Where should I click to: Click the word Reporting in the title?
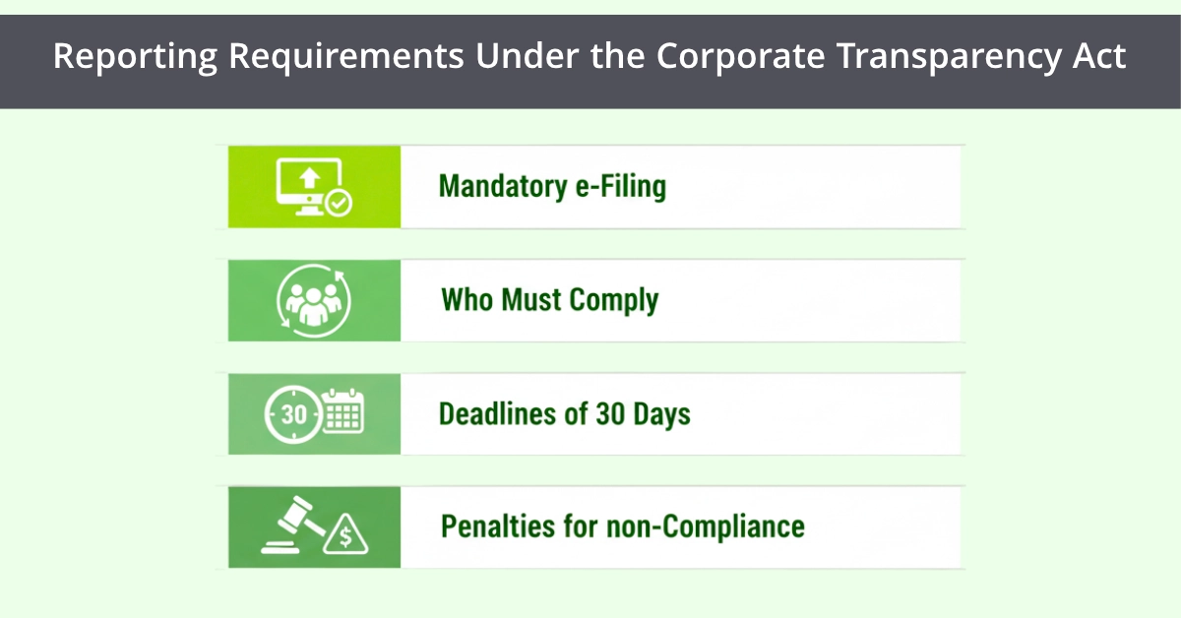pyautogui.click(x=134, y=57)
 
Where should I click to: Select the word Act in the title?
pyautogui.click(x=1099, y=57)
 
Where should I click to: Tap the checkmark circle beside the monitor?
pyautogui.click(x=340, y=204)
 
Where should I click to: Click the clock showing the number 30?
pyautogui.click(x=294, y=414)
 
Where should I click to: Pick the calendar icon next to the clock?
pyautogui.click(x=343, y=412)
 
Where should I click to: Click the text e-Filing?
pyautogui.click(x=620, y=186)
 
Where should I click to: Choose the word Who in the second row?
pyautogui.click(x=466, y=299)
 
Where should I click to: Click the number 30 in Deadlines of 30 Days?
pyautogui.click(x=609, y=413)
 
